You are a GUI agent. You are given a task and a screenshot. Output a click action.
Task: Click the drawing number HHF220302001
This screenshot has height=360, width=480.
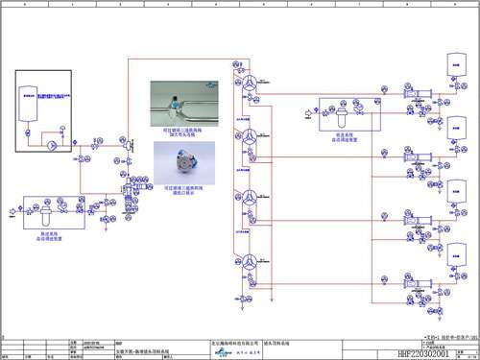click(443, 353)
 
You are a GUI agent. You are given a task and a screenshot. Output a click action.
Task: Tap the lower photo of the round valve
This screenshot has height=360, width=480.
click(176, 156)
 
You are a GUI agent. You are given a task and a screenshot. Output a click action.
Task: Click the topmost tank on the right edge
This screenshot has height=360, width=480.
click(457, 64)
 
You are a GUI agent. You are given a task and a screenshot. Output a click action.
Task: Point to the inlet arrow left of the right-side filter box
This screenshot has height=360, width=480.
click(308, 120)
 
